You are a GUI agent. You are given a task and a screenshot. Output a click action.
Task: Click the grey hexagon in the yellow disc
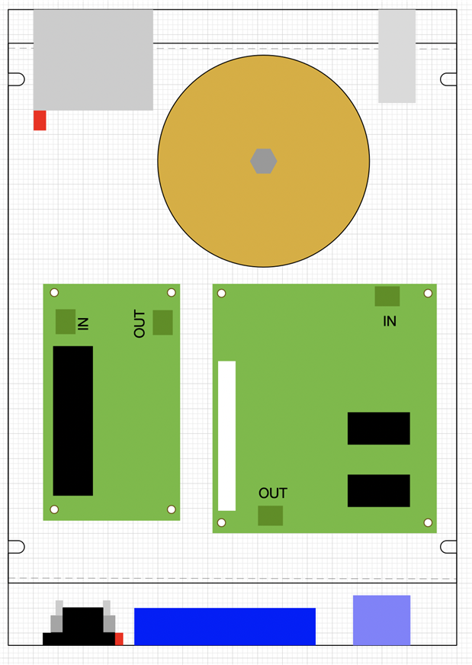click(264, 161)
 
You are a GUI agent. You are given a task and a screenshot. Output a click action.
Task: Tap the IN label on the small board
click(84, 323)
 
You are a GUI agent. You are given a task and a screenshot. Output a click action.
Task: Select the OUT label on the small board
click(140, 323)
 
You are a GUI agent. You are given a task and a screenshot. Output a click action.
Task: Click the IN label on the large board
click(390, 321)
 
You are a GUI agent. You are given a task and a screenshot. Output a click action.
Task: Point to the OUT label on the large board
click(273, 493)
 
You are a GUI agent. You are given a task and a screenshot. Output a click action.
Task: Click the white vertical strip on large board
click(227, 435)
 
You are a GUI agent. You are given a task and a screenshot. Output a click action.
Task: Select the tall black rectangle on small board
click(73, 421)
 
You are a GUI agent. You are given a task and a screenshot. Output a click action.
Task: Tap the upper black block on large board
click(379, 429)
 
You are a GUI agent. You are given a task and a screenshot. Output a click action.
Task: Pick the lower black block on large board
click(379, 490)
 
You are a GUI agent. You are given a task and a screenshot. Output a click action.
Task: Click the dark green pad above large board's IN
click(387, 296)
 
